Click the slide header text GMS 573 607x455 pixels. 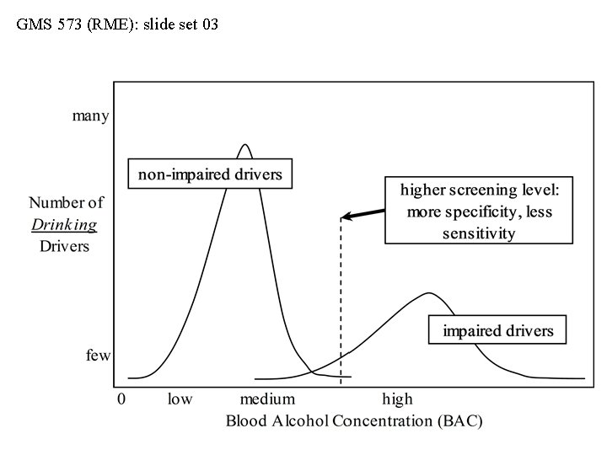point(117,24)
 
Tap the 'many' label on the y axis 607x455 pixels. point(90,116)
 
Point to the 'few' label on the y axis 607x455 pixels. point(98,356)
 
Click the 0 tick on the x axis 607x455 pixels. point(121,399)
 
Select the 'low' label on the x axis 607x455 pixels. point(180,399)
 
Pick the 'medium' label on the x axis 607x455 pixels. point(267,399)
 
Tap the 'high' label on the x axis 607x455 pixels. point(397,399)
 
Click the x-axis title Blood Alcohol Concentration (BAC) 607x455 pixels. point(354,420)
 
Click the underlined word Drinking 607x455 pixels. point(65,225)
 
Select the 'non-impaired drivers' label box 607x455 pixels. point(210,174)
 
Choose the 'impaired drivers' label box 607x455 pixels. point(497,330)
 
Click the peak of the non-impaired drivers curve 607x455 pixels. point(244,145)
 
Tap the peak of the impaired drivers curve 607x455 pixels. point(429,293)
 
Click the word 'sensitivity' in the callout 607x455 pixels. point(478,233)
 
